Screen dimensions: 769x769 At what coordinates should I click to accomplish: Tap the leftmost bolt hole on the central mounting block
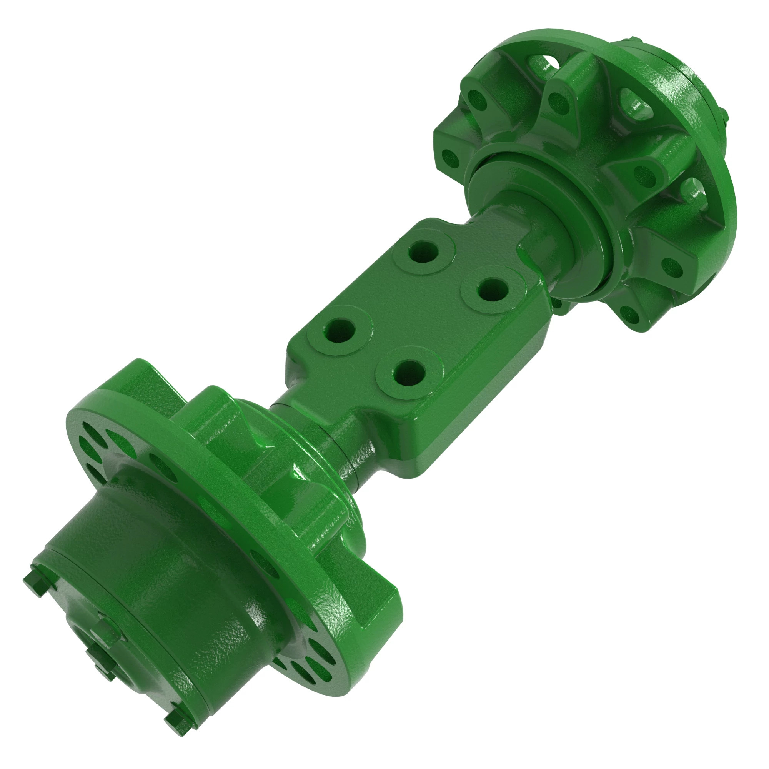340,330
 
